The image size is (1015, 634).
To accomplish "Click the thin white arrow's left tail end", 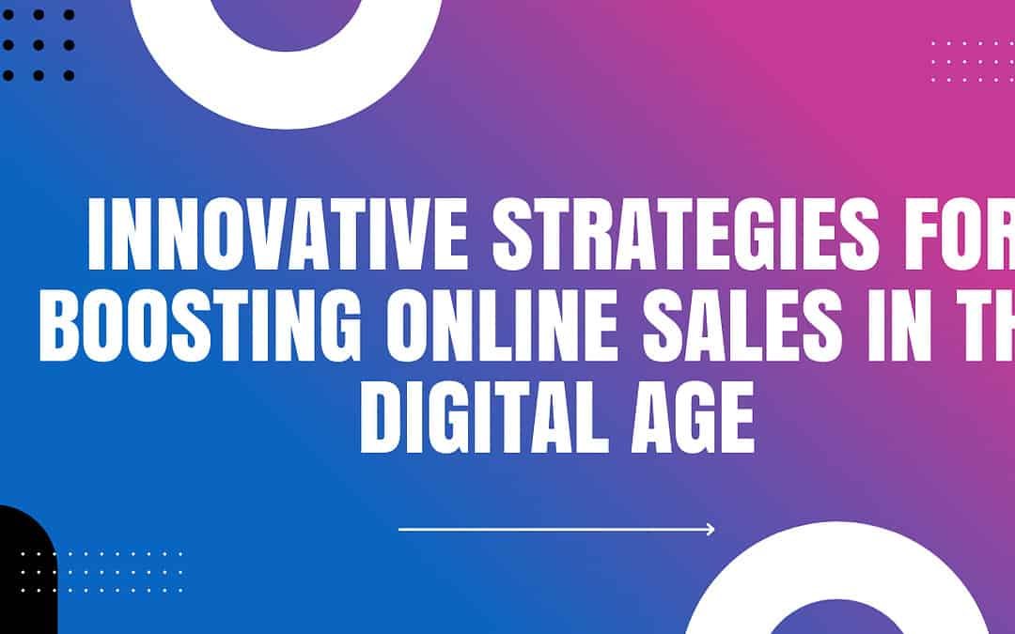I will tap(401, 530).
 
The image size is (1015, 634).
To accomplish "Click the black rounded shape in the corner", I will tap(23, 573).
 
